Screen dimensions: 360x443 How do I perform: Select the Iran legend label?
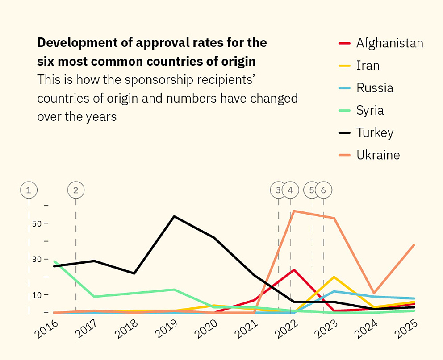point(368,66)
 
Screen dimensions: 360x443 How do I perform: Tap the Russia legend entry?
point(375,88)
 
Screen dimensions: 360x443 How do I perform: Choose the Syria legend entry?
point(370,110)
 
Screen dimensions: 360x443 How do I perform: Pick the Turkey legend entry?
point(375,132)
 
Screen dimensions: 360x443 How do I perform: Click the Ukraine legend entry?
point(378,155)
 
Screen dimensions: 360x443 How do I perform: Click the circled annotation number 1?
point(29,190)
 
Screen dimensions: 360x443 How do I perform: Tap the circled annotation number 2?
point(75,190)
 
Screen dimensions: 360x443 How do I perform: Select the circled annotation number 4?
point(290,190)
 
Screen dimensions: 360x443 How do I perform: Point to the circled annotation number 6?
point(323,190)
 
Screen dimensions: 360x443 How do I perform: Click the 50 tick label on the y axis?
point(36,223)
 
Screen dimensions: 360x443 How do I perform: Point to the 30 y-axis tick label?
point(36,259)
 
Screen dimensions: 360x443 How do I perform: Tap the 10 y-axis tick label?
point(36,295)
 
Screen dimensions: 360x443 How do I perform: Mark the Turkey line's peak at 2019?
point(174,216)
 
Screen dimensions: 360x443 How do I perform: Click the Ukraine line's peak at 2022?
point(293,211)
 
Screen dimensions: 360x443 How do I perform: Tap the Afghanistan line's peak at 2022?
point(294,270)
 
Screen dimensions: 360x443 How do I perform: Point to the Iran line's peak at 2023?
point(334,277)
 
